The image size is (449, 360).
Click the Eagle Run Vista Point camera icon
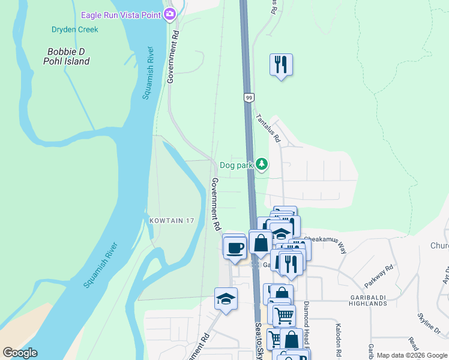point(170,13)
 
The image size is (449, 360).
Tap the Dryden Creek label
point(75,29)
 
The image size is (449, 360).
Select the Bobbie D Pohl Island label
point(67,56)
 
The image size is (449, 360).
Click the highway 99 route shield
point(248,97)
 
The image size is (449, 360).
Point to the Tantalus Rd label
point(268,128)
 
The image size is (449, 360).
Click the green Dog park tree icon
point(261,163)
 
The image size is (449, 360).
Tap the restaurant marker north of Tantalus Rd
point(280,64)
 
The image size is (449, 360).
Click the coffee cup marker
point(234,247)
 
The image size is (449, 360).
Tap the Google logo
point(20,353)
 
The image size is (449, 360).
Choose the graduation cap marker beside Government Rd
point(226,299)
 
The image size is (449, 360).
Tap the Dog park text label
point(237,165)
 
